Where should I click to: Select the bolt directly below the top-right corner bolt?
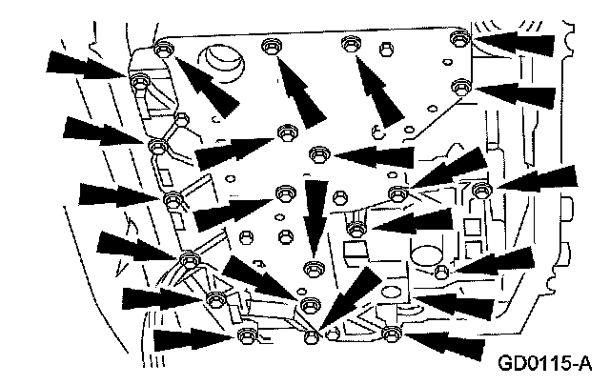tap(461, 86)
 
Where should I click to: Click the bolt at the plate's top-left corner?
tap(161, 49)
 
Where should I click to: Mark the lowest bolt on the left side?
tap(247, 334)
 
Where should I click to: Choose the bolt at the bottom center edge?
tap(311, 336)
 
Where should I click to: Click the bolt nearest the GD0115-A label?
tap(390, 334)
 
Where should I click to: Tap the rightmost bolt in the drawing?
tap(480, 192)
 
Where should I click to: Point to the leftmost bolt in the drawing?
tap(137, 80)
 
